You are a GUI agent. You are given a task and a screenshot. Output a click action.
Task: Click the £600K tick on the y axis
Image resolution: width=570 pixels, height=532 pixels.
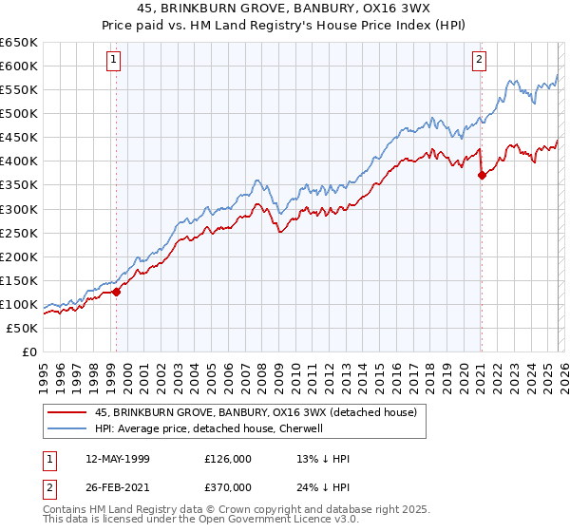(x=19, y=66)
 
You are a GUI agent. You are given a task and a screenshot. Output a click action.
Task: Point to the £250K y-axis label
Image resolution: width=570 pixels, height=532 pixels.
(x=19, y=233)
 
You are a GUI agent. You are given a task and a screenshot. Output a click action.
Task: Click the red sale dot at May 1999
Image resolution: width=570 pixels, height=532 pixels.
(x=117, y=292)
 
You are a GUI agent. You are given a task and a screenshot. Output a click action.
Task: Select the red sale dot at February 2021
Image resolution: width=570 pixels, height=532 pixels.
(x=482, y=175)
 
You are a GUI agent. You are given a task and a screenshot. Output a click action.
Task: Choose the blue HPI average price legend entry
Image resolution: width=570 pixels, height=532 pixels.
(x=209, y=428)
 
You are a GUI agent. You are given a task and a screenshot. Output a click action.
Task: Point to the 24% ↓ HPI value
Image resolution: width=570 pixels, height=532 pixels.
(x=324, y=486)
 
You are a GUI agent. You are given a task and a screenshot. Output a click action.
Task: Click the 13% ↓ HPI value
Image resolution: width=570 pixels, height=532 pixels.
(x=324, y=458)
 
